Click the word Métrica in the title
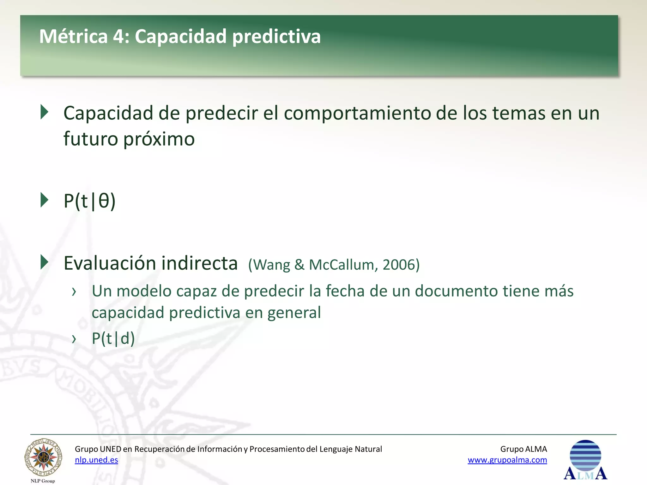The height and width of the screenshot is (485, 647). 73,36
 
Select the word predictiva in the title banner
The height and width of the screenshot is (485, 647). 276,37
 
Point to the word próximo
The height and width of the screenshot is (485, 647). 159,139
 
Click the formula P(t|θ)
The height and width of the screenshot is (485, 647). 89,201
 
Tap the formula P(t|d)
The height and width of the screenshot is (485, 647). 113,338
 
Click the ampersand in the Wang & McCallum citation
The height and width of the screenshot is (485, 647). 299,265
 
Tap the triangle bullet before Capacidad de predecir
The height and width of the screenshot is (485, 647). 45,112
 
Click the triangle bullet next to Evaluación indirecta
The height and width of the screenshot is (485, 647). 45,262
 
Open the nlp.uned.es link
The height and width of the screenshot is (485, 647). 96,460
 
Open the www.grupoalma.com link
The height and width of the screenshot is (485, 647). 507,460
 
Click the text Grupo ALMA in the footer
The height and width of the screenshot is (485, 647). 523,449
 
